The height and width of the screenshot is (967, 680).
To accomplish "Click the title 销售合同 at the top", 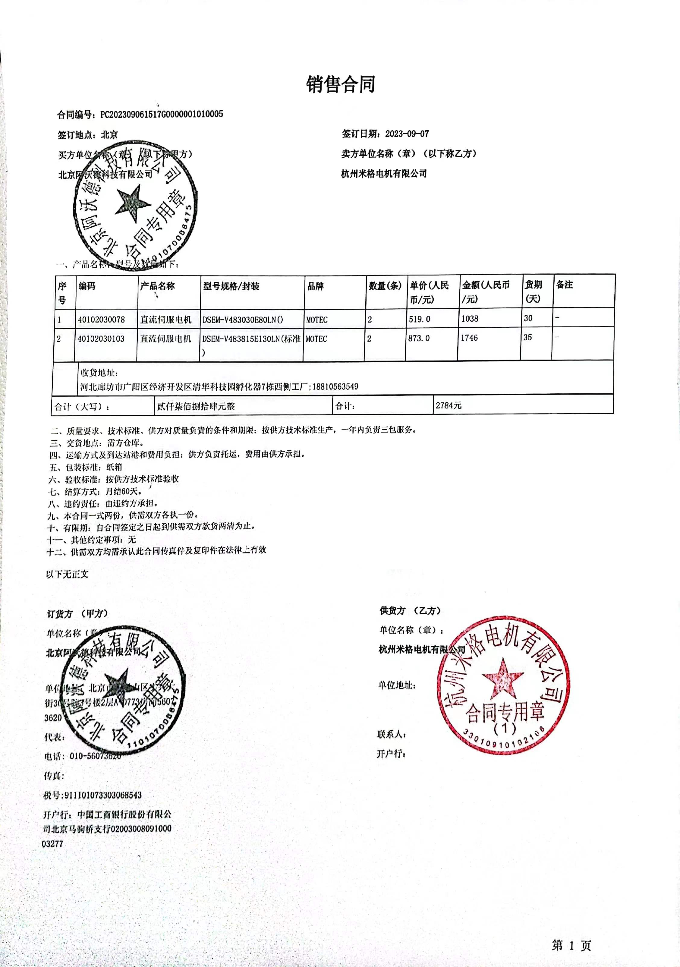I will tap(340, 84).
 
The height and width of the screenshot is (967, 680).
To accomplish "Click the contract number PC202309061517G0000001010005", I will tap(161, 114).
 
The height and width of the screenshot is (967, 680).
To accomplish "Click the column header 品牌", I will tap(315, 286).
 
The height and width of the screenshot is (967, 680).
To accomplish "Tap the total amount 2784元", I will tap(449, 405).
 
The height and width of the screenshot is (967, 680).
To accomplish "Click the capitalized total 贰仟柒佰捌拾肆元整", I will tap(196, 406).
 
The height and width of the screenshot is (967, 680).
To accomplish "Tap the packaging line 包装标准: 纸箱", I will tap(86, 467).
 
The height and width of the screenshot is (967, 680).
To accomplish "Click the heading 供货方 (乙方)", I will tap(410, 611).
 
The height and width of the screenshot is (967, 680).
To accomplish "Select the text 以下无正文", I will tap(68, 574).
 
